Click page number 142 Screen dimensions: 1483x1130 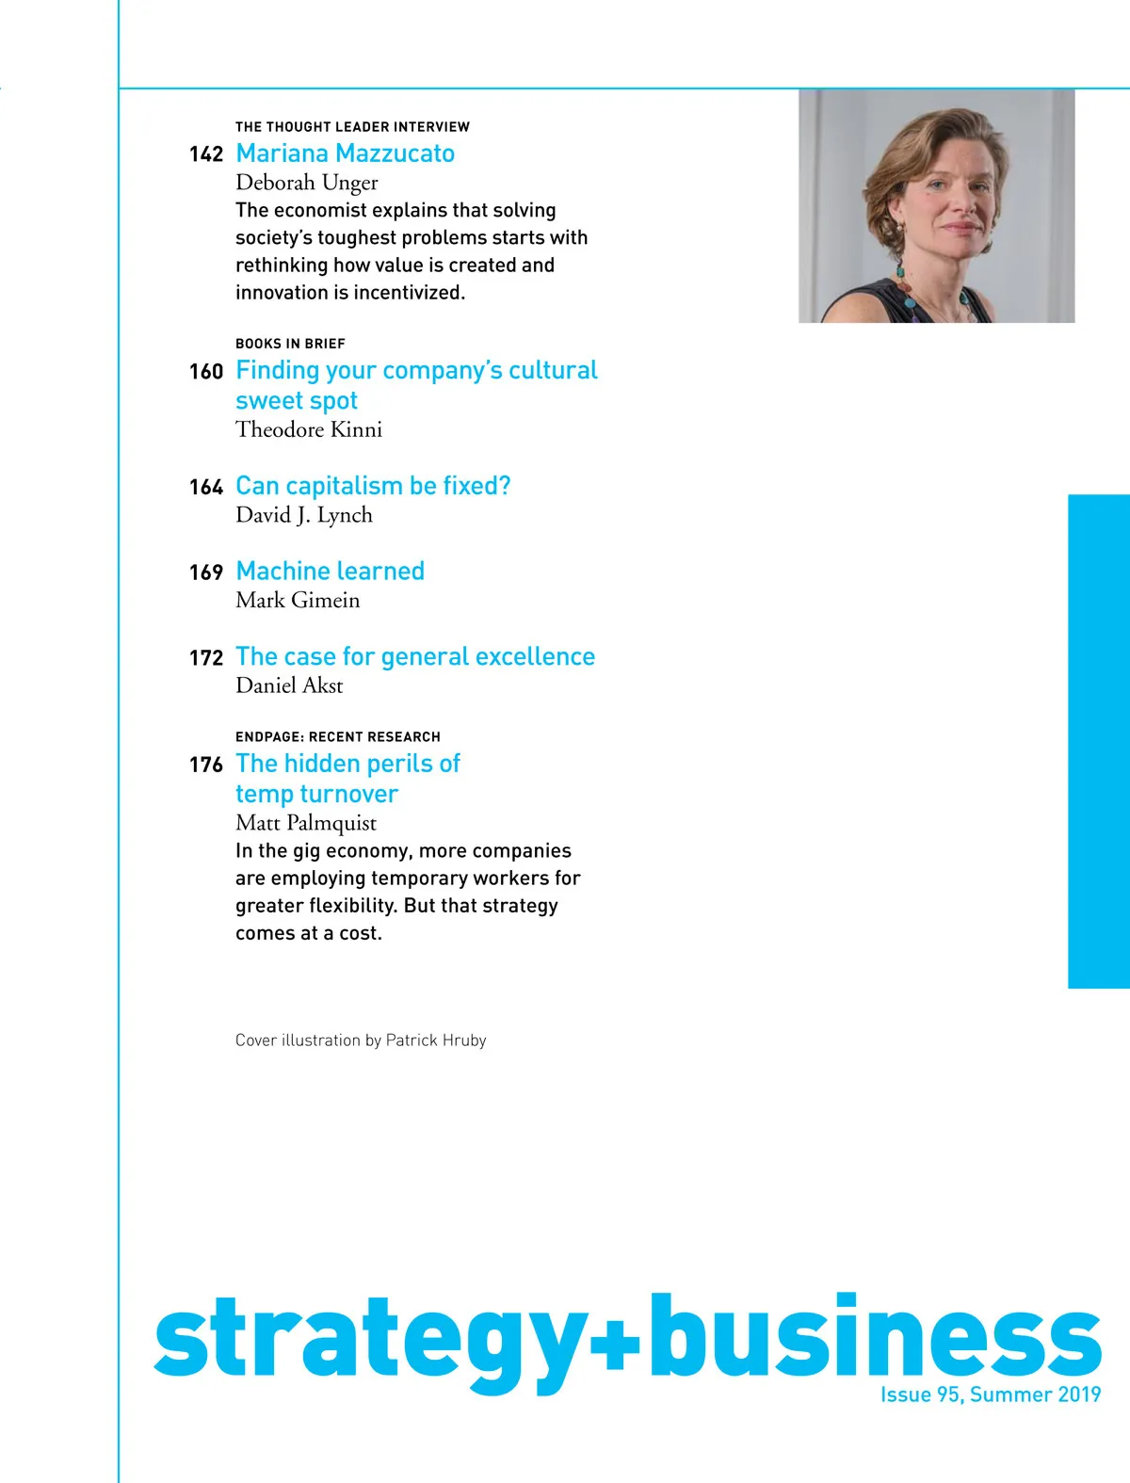[205, 154]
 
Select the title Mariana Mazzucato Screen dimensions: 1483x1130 [345, 153]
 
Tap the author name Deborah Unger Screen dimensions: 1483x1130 [306, 183]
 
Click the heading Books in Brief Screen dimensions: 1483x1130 [290, 344]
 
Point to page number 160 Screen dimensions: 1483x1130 [205, 372]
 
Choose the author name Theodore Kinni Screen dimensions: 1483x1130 [309, 430]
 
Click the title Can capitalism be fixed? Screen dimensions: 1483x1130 [373, 486]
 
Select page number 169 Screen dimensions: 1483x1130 [205, 572]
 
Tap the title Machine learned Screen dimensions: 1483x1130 [330, 572]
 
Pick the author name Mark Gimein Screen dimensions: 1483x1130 [298, 601]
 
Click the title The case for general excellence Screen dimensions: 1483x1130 [415, 656]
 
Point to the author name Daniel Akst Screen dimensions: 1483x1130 [289, 686]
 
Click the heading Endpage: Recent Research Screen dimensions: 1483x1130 [338, 737]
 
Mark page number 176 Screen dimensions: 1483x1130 [205, 765]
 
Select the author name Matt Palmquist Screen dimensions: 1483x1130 [306, 823]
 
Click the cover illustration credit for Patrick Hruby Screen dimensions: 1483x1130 [361, 1040]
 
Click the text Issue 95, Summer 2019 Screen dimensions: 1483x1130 [991, 1394]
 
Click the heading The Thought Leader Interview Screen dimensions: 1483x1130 [352, 127]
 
